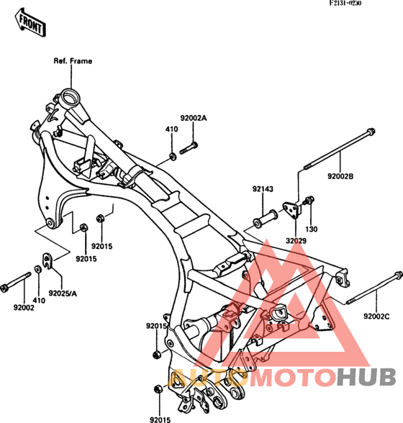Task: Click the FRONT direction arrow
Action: coord(30,23)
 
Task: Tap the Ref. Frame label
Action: coord(73,61)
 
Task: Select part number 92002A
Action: coord(194,118)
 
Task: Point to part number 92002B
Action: coord(340,176)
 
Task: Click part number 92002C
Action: coord(376,317)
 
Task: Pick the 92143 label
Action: coord(263,188)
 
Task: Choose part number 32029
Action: coord(296,240)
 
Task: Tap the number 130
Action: coord(311,229)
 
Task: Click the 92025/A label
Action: coord(63,293)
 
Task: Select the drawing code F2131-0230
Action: coord(345,4)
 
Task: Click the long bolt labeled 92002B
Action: coord(339,149)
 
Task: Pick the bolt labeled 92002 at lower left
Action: coord(15,282)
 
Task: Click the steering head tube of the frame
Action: coord(70,101)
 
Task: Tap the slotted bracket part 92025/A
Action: coord(47,260)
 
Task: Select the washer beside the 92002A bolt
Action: coord(172,157)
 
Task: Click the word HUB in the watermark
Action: coord(366,377)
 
